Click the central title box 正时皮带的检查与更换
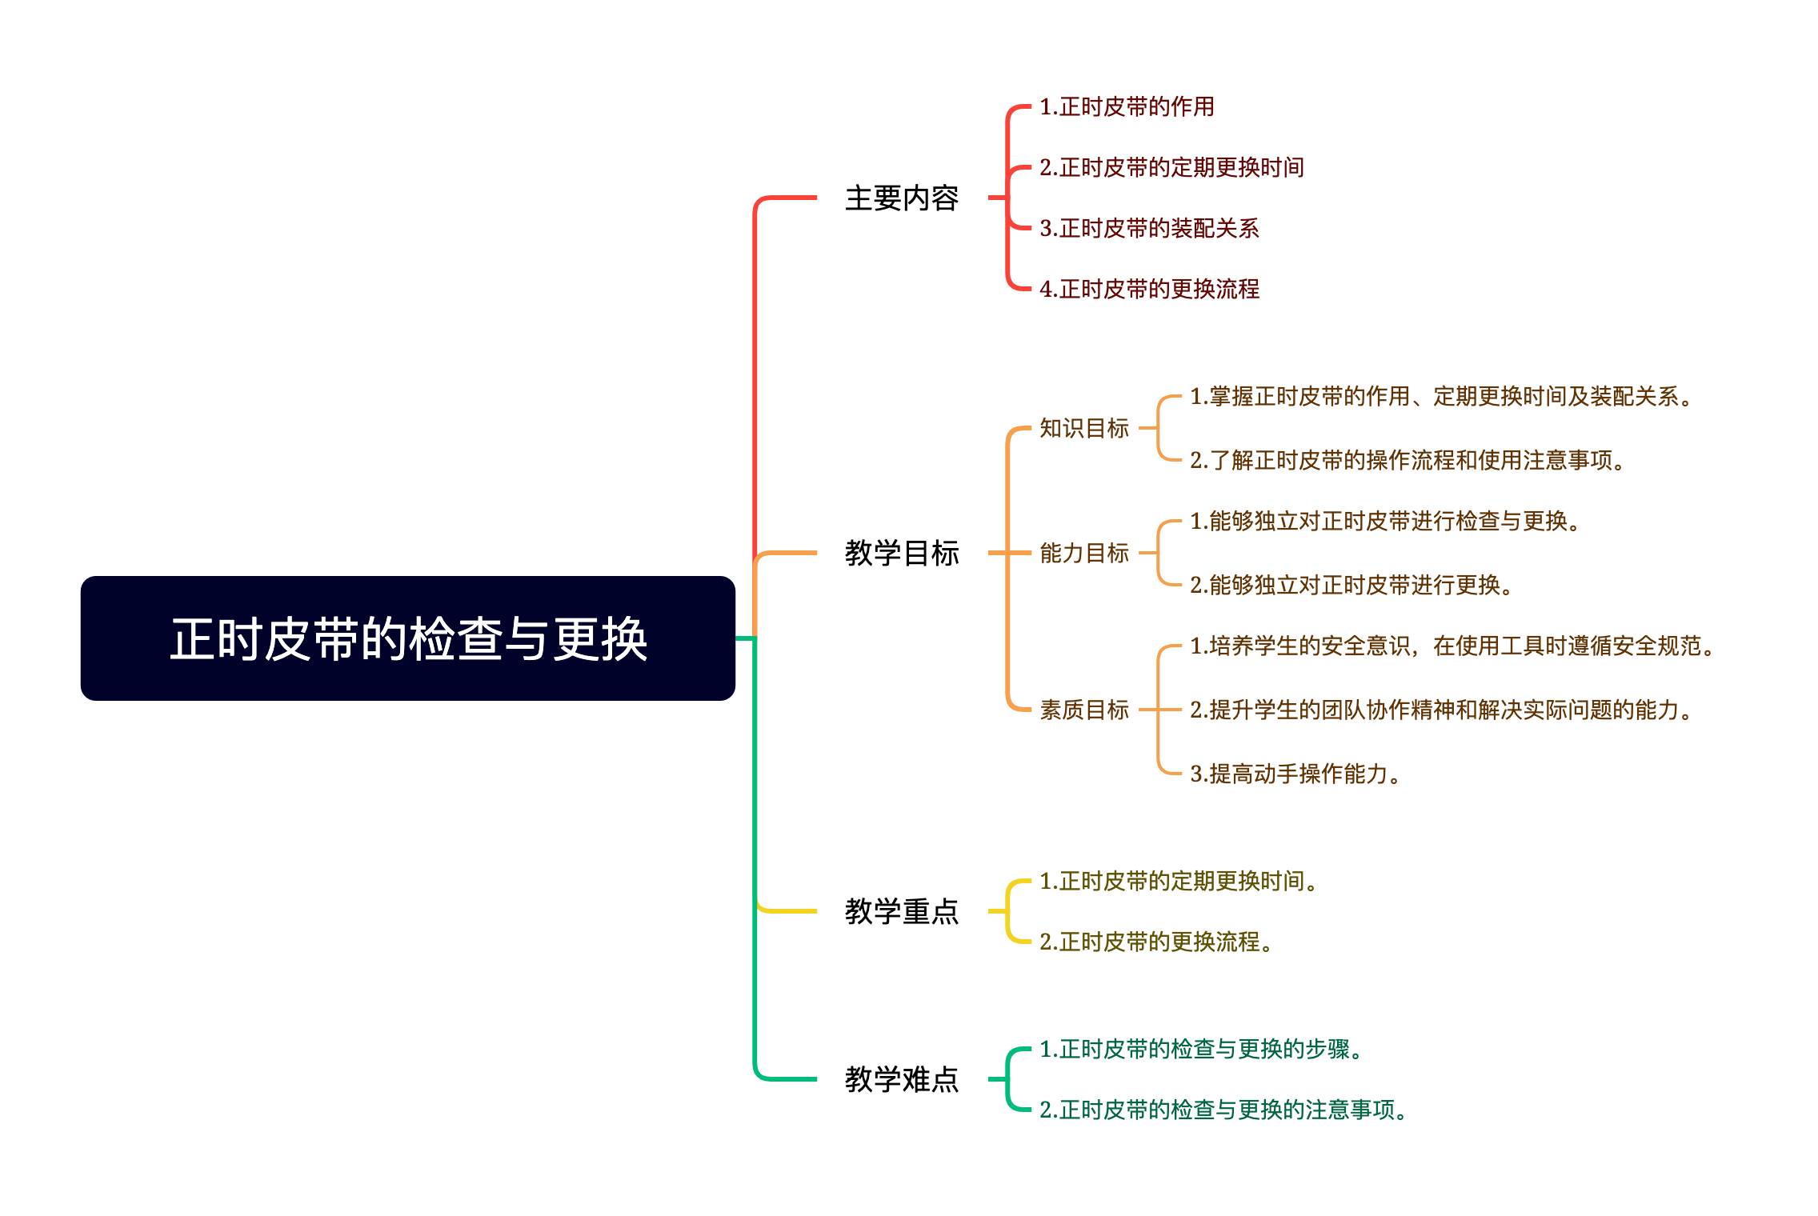(408, 638)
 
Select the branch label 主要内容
(902, 198)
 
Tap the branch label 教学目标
(902, 553)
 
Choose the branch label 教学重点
(902, 911)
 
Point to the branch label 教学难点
(902, 1079)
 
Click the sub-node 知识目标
(1083, 428)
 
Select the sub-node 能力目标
(1083, 553)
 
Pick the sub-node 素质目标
(1083, 710)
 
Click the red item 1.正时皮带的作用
(1127, 106)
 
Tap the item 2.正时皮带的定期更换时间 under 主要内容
(1171, 167)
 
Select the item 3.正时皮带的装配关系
(1149, 228)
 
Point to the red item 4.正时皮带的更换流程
(1149, 289)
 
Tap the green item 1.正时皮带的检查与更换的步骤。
(1200, 1049)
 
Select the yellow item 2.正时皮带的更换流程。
(1155, 942)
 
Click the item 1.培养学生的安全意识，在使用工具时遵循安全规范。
(1452, 646)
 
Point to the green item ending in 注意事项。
(1223, 1110)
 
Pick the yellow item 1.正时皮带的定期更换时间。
(1178, 881)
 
